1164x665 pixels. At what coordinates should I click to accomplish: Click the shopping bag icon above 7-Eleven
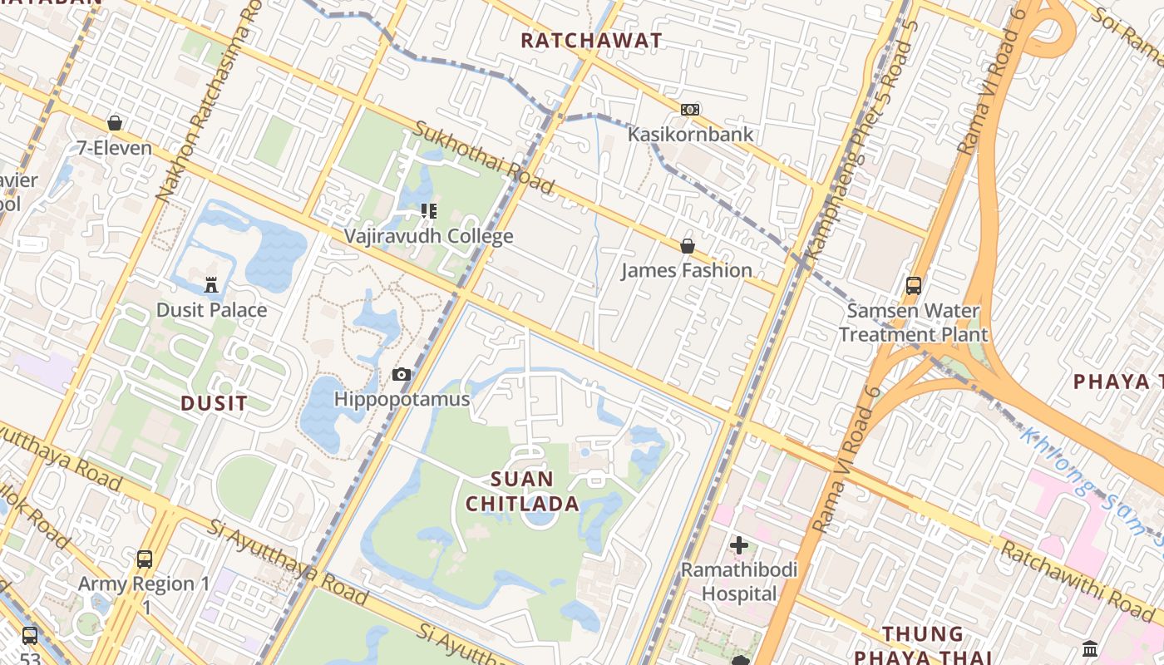pyautogui.click(x=115, y=123)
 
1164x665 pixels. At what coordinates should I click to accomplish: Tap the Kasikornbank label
pyautogui.click(x=690, y=134)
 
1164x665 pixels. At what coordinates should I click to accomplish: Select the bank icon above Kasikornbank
pyautogui.click(x=690, y=110)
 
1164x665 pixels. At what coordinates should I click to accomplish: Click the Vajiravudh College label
pyautogui.click(x=429, y=236)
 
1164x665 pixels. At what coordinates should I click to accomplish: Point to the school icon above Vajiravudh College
pyautogui.click(x=429, y=211)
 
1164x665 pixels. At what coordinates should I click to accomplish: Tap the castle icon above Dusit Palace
pyautogui.click(x=212, y=285)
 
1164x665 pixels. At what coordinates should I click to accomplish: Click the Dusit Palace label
pyautogui.click(x=212, y=310)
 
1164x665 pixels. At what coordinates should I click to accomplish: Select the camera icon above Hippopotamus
pyautogui.click(x=402, y=375)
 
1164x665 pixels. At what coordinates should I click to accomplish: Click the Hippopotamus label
pyautogui.click(x=402, y=399)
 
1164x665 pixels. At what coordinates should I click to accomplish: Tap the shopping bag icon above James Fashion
pyautogui.click(x=688, y=246)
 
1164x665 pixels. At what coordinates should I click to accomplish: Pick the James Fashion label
pyautogui.click(x=687, y=270)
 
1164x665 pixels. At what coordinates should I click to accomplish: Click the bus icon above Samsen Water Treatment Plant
pyautogui.click(x=913, y=286)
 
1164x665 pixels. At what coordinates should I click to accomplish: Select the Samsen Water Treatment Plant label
pyautogui.click(x=913, y=323)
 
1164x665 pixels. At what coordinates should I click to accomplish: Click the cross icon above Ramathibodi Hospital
pyautogui.click(x=739, y=545)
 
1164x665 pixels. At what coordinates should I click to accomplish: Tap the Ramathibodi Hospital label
pyautogui.click(x=739, y=582)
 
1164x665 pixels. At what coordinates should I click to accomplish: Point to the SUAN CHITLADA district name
pyautogui.click(x=522, y=491)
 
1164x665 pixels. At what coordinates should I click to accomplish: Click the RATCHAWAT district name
pyautogui.click(x=591, y=40)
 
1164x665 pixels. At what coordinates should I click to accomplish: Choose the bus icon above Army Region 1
pyautogui.click(x=145, y=559)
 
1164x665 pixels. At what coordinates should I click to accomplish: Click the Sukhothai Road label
pyautogui.click(x=483, y=158)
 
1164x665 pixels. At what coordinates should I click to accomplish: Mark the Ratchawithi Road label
pyautogui.click(x=1078, y=584)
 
